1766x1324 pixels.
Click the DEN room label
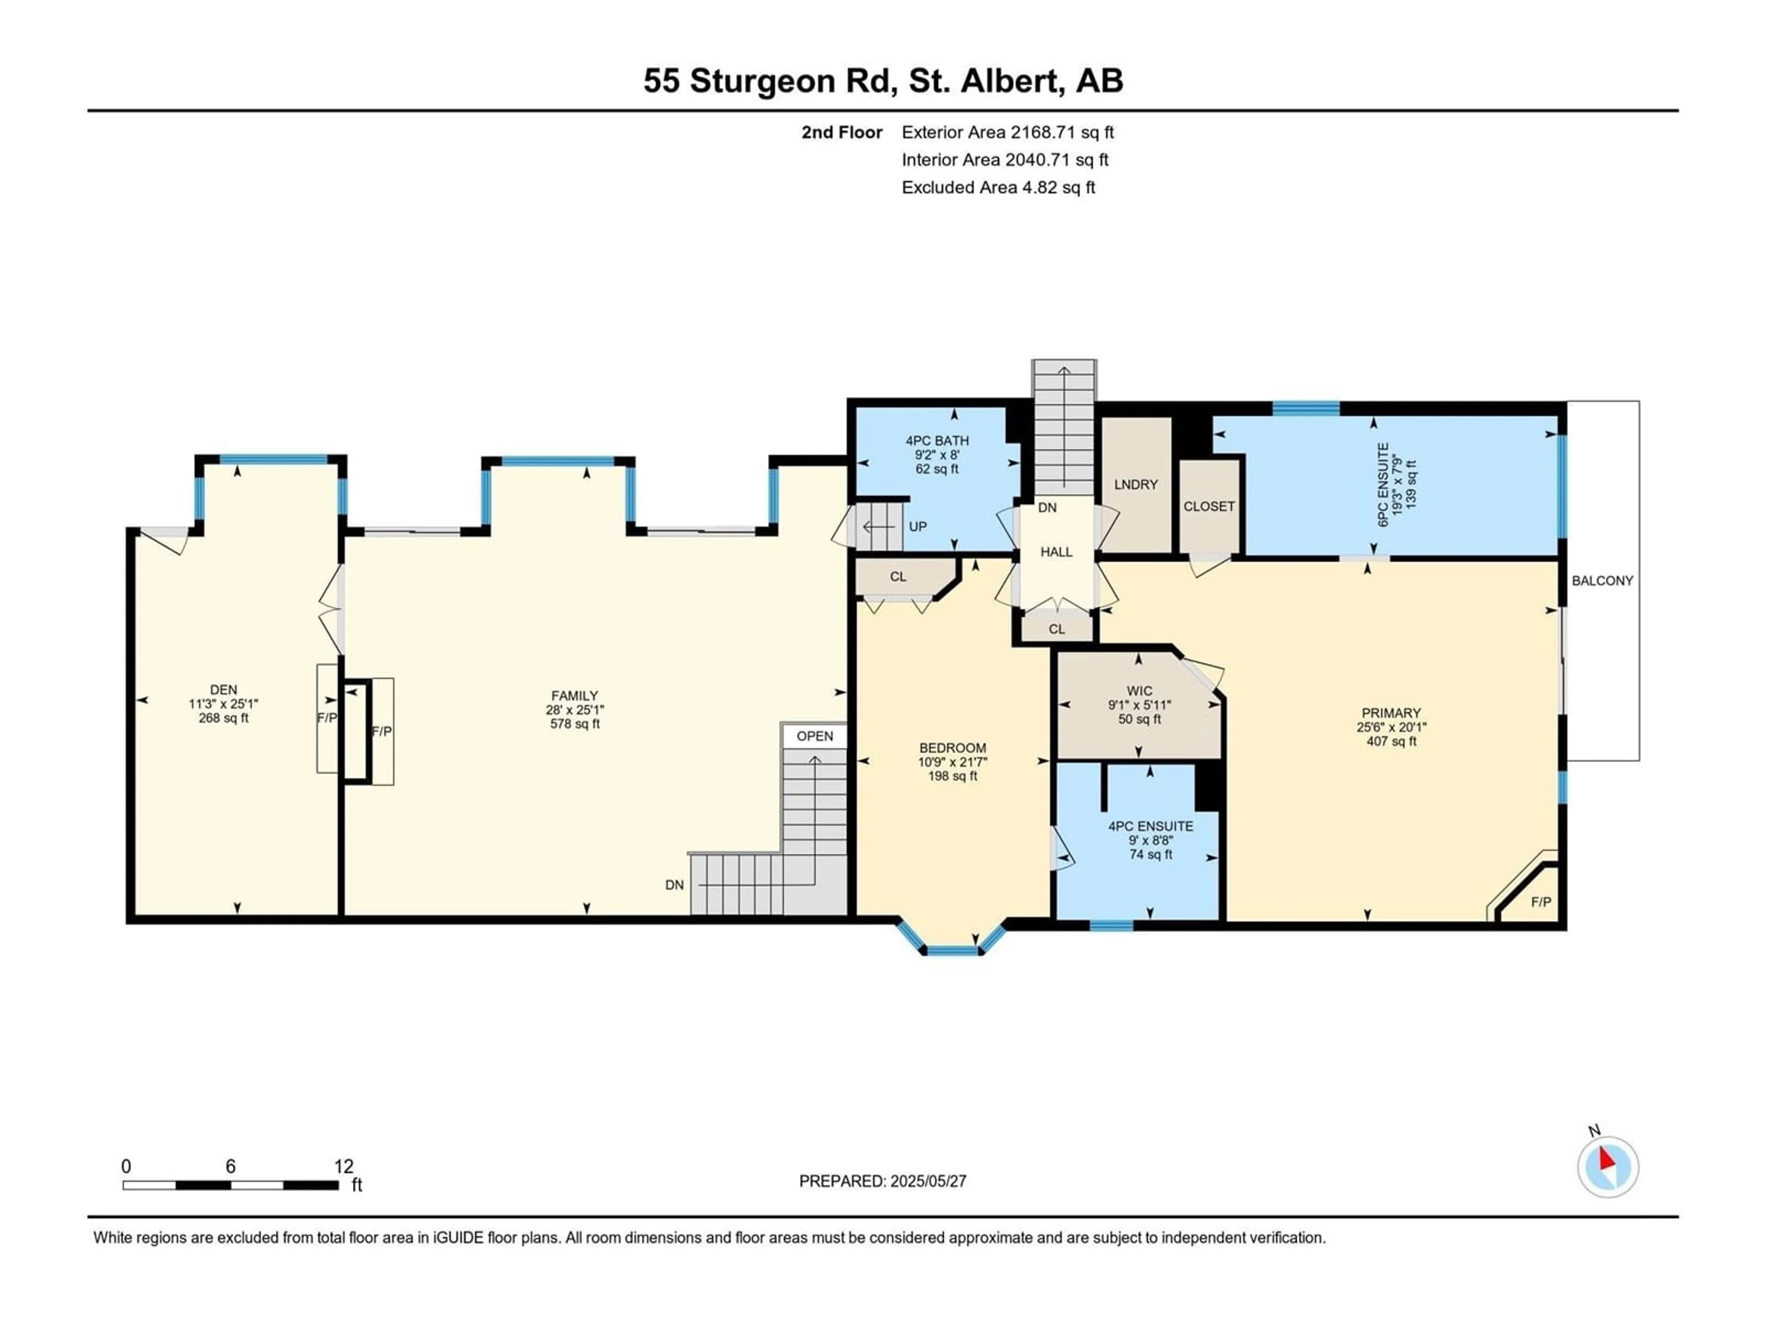pos(224,690)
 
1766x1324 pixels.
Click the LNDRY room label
pos(1135,485)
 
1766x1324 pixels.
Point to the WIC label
pos(1139,691)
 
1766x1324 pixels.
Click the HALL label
pos(1056,552)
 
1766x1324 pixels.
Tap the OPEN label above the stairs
pos(814,736)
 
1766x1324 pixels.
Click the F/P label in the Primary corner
pos(1541,902)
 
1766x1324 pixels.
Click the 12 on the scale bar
pos(343,1166)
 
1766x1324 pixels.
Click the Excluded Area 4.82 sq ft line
pos(998,188)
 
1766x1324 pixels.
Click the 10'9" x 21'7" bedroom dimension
pos(952,762)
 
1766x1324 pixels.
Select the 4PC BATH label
pos(937,440)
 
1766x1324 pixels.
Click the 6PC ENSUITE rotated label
pos(1383,485)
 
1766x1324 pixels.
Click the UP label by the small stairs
pos(917,527)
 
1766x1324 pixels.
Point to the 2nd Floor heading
pos(842,132)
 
